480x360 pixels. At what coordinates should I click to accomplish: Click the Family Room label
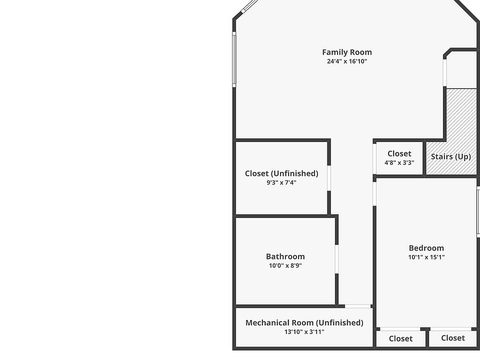[x=346, y=52]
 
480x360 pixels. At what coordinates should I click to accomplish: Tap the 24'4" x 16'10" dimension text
[x=346, y=61]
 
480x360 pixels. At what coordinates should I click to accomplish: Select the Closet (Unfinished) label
[x=281, y=173]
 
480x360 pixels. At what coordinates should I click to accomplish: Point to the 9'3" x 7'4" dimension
[x=281, y=182]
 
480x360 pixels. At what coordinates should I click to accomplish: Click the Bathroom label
[x=285, y=256]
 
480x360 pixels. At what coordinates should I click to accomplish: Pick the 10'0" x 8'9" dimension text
[x=285, y=265]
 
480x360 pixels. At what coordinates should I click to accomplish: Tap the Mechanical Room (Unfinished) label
[x=304, y=322]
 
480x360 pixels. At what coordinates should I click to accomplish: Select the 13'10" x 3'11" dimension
[x=304, y=331]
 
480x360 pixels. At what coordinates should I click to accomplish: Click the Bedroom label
[x=426, y=248]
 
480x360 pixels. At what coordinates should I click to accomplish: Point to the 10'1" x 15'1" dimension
[x=426, y=257]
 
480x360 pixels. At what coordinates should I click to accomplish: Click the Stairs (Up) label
[x=450, y=156]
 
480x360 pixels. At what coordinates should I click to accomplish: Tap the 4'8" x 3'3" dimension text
[x=399, y=162]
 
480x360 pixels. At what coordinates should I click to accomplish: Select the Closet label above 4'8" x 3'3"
[x=399, y=153]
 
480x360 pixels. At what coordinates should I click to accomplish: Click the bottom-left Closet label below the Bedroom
[x=400, y=338]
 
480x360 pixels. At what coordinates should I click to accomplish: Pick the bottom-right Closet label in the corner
[x=453, y=338]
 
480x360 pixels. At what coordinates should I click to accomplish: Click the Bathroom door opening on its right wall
[x=336, y=259]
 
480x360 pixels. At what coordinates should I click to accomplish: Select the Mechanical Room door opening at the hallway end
[x=358, y=305]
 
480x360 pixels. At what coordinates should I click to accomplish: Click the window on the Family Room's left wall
[x=233, y=59]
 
